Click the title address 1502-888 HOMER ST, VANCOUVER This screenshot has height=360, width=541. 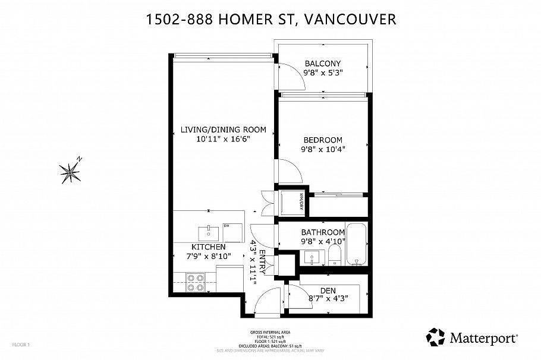(270, 20)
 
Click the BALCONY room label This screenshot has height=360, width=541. (323, 64)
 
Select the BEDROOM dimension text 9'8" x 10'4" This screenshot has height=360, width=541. (323, 149)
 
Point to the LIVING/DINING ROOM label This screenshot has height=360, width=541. (223, 130)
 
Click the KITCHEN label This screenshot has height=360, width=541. (208, 247)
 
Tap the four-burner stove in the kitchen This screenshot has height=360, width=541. (196, 282)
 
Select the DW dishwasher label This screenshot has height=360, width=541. (227, 225)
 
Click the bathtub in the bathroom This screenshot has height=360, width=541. (356, 244)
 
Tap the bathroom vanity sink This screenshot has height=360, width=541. (312, 258)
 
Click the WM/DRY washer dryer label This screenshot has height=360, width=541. (301, 203)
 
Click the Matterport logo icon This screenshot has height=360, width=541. (435, 337)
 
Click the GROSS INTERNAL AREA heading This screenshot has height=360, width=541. (270, 333)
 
